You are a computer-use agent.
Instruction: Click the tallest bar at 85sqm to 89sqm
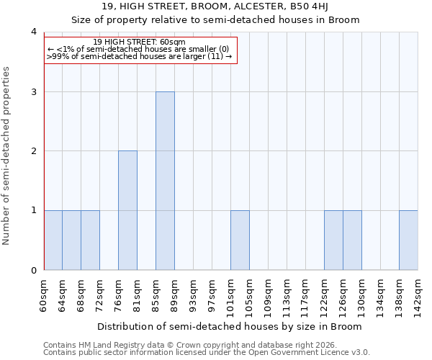[165, 181]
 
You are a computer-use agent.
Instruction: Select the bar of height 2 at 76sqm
[127, 210]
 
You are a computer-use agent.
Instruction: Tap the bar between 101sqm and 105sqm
[240, 240]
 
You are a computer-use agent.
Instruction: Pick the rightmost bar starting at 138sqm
[408, 240]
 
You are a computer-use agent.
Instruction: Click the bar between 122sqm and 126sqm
[333, 240]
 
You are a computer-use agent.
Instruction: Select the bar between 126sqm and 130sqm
[352, 240]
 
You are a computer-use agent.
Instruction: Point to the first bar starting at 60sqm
[53, 240]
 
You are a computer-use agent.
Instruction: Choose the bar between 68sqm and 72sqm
[90, 240]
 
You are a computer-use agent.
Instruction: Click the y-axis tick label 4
[33, 32]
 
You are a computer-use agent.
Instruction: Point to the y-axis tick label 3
[33, 91]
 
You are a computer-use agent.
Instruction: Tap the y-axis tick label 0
[33, 270]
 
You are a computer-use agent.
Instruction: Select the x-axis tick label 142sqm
[418, 295]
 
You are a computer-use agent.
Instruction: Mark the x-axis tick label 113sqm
[287, 295]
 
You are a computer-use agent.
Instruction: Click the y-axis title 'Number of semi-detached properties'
[7, 156]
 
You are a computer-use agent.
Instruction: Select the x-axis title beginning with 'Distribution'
[230, 326]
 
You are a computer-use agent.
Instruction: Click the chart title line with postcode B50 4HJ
[216, 6]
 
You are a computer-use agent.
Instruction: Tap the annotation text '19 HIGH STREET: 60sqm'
[140, 42]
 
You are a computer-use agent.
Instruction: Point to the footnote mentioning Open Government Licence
[207, 353]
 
